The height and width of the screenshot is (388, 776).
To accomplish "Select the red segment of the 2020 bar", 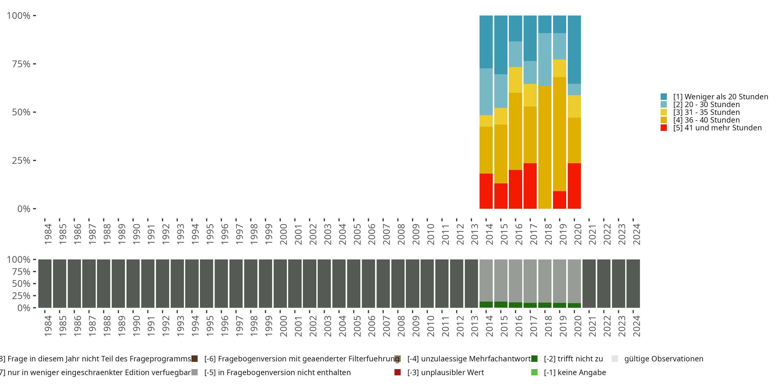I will pyautogui.click(x=574, y=186).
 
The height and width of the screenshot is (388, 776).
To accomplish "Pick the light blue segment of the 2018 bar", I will pyautogui.click(x=545, y=60).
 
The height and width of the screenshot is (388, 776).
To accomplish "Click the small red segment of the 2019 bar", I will pyautogui.click(x=559, y=200).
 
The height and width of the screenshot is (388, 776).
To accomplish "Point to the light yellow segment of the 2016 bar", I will pyautogui.click(x=516, y=80).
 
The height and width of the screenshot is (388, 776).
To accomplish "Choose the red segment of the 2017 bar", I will pyautogui.click(x=530, y=186).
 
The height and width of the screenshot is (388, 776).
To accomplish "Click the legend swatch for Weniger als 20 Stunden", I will pyautogui.click(x=664, y=97).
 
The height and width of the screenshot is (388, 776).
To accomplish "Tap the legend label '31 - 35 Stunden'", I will pyautogui.click(x=706, y=112).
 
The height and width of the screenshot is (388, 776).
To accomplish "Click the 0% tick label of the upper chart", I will pyautogui.click(x=24, y=209).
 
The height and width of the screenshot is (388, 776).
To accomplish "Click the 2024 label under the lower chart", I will pyautogui.click(x=636, y=326).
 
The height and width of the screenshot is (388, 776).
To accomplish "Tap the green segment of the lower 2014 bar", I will pyautogui.click(x=486, y=304).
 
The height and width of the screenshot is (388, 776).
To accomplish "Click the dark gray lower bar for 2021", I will pyautogui.click(x=589, y=283).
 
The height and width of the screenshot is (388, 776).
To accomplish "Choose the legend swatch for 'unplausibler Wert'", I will pyautogui.click(x=398, y=372).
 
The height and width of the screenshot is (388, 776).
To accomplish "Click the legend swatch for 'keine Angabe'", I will pyautogui.click(x=534, y=372).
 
